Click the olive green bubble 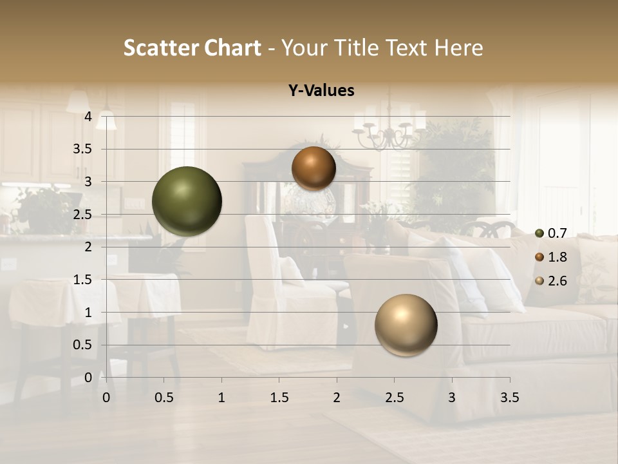[187, 201]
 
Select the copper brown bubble [314, 168]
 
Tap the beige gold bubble [406, 325]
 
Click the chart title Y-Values [321, 91]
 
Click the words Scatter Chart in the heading [192, 48]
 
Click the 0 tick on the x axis [106, 398]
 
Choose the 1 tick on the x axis [221, 398]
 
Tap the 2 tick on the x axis [337, 398]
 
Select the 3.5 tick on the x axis [509, 398]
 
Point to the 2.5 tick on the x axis [394, 398]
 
